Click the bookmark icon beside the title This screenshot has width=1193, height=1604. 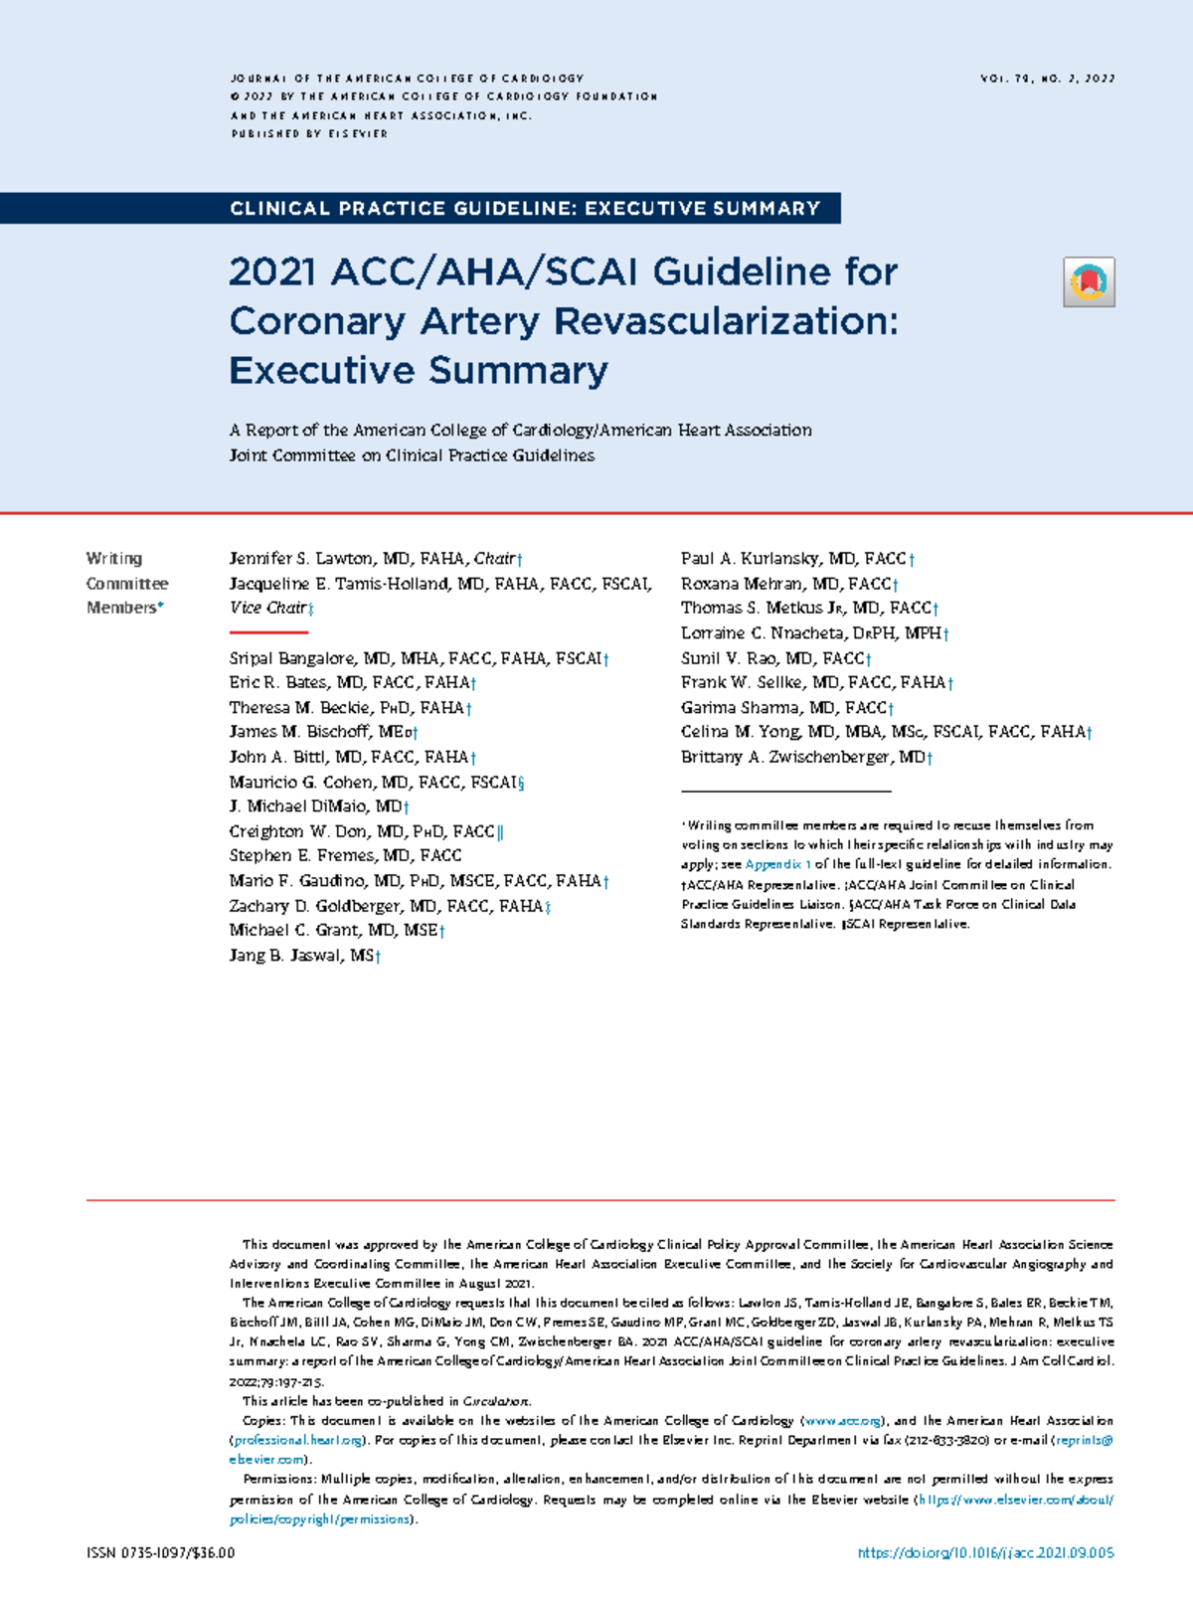tap(1089, 281)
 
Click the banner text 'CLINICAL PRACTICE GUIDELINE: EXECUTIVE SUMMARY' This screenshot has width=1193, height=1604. tap(524, 209)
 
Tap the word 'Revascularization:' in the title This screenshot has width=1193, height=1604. tap(726, 321)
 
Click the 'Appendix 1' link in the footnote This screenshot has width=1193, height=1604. tap(777, 864)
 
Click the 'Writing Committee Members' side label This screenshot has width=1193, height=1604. tap(126, 583)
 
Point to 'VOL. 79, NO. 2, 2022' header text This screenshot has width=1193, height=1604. tap(1047, 78)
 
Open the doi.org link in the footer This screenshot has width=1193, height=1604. tap(984, 1552)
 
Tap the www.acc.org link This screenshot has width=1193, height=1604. tap(841, 1421)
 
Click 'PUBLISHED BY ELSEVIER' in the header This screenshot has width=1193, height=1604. tap(309, 133)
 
